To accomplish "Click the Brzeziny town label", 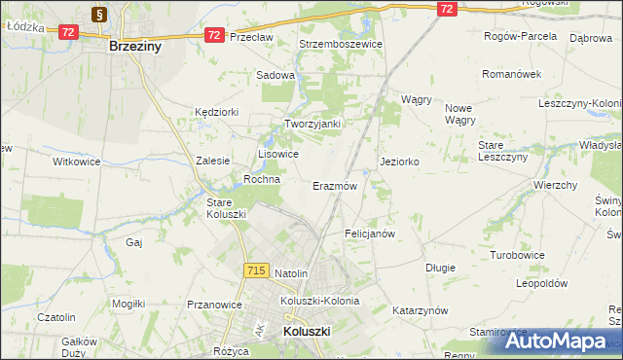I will tap(135, 46).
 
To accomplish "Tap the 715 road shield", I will tap(257, 270).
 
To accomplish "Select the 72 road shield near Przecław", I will tap(214, 34).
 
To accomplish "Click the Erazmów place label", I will tap(335, 185).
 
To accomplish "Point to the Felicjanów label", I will tap(369, 234).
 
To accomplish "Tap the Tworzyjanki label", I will tap(311, 124).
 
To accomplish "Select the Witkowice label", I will tap(77, 162).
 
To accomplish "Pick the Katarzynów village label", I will tap(419, 310).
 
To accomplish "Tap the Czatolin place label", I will tap(56, 317).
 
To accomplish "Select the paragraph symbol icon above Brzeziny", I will tap(100, 14).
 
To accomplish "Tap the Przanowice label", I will tap(214, 305).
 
